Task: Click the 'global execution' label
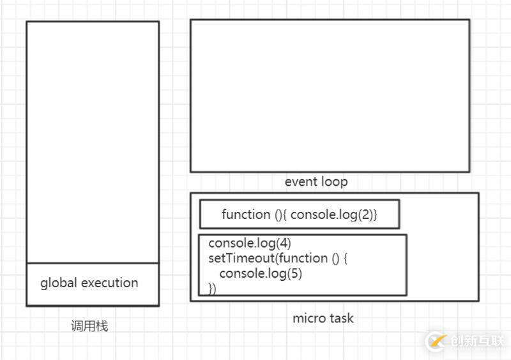click(89, 283)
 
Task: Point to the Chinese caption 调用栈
click(89, 326)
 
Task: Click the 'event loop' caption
click(316, 182)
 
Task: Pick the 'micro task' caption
click(323, 318)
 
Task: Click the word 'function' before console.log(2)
click(246, 214)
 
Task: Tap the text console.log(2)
click(334, 214)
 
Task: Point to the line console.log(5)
click(260, 274)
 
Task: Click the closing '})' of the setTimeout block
click(213, 289)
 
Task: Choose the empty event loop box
click(330, 95)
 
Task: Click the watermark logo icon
click(436, 341)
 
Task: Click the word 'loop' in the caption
click(335, 182)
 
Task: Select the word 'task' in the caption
click(340, 318)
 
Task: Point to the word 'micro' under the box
click(307, 318)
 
